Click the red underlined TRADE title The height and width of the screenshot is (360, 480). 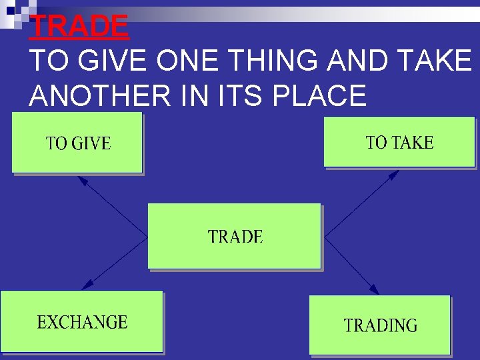[79, 26]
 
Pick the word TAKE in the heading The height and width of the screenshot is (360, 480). [437, 61]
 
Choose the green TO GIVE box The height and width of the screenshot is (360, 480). [77, 143]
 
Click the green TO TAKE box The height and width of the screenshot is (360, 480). [399, 142]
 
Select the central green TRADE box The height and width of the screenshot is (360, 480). [234, 236]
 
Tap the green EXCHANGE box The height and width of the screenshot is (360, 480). [81, 321]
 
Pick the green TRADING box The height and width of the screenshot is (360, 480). [379, 325]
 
